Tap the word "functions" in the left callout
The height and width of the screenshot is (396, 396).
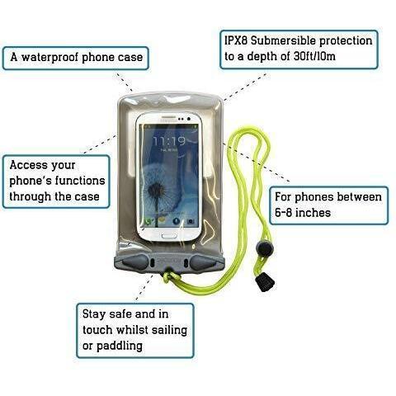[x=80, y=181]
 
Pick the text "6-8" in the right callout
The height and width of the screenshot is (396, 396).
[x=283, y=213]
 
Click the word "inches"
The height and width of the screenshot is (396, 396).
[x=313, y=213]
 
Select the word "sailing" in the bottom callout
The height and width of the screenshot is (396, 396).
[x=170, y=330]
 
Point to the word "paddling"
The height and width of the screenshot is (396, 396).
[x=120, y=346]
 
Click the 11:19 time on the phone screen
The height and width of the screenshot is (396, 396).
[x=169, y=141]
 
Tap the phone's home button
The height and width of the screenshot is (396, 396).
[x=167, y=236]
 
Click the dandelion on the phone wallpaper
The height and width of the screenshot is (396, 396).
[x=157, y=190]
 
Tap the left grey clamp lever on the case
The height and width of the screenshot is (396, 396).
[x=135, y=262]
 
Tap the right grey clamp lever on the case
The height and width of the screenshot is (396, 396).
[x=203, y=262]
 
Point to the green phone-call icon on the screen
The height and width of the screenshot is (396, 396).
[x=148, y=222]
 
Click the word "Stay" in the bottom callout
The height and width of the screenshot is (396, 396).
[x=94, y=314]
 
